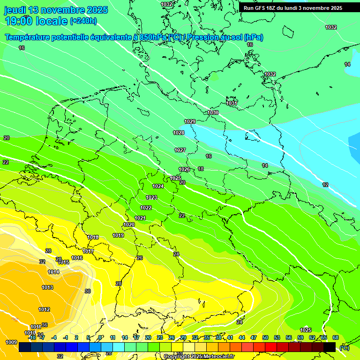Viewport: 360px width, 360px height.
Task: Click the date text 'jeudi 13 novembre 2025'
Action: click(x=56, y=10)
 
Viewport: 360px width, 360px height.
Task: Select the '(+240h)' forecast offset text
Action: click(x=83, y=21)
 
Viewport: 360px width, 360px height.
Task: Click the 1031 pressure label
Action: click(x=232, y=103)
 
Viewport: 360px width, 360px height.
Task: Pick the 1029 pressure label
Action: click(x=190, y=121)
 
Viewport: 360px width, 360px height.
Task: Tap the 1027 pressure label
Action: click(x=180, y=150)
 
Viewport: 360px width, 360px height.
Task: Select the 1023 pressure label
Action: click(x=151, y=197)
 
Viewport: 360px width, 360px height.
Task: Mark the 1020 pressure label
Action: click(x=129, y=225)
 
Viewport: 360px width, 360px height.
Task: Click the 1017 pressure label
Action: click(x=88, y=251)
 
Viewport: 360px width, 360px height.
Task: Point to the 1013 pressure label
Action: click(x=47, y=287)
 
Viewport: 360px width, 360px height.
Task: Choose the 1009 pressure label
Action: click(x=12, y=342)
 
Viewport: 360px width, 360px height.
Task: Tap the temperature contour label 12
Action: click(x=325, y=185)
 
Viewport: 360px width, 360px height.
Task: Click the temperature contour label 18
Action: click(x=201, y=169)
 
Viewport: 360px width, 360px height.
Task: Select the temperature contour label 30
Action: click(x=87, y=291)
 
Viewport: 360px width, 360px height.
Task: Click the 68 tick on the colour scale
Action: click(x=336, y=337)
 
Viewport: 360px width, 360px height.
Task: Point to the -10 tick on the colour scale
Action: click(x=32, y=337)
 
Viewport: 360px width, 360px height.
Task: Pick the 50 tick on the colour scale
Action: click(x=265, y=337)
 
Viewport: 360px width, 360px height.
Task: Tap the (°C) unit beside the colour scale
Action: click(x=344, y=348)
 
